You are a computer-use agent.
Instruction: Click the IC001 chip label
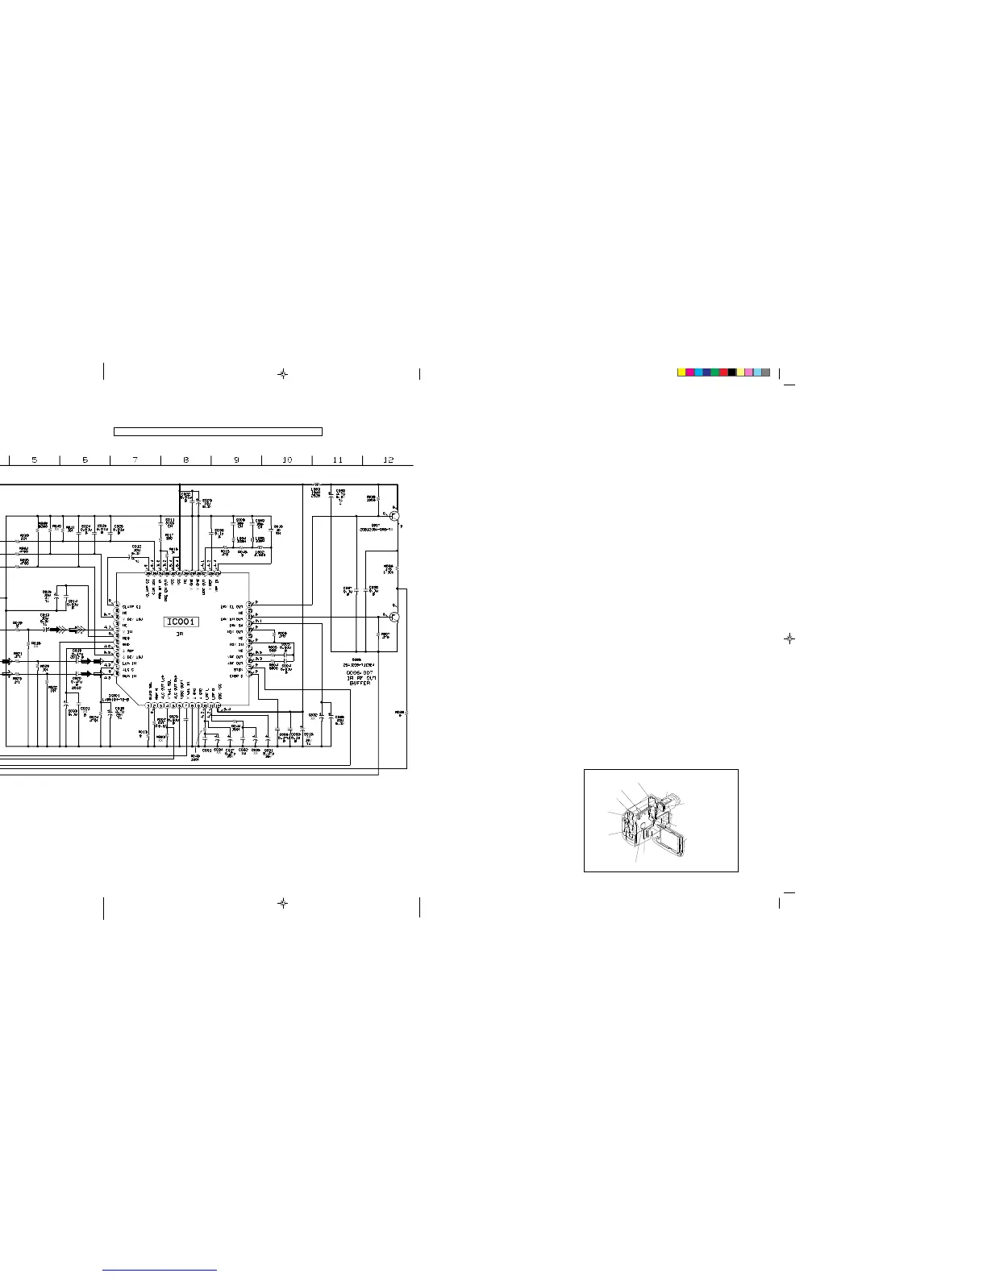point(181,622)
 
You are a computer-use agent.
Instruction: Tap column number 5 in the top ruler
point(35,460)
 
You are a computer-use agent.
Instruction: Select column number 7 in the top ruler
point(135,460)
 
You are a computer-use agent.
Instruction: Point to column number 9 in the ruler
point(236,460)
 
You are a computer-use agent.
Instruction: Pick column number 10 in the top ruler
point(287,460)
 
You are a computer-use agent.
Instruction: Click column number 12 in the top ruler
point(388,460)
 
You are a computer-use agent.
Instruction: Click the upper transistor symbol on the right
point(394,516)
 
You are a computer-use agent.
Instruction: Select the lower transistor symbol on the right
point(394,617)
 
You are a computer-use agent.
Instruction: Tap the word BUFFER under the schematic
point(360,683)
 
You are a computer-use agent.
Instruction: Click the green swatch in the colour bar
point(715,372)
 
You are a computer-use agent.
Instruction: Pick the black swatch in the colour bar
point(732,372)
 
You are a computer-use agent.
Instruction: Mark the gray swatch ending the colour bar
point(766,372)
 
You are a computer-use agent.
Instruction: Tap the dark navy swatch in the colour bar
point(707,372)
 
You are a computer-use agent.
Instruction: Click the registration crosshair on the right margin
point(790,638)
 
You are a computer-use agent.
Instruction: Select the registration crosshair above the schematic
point(282,374)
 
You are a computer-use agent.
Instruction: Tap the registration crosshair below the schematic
point(282,904)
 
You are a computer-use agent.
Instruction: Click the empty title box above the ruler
point(218,431)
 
